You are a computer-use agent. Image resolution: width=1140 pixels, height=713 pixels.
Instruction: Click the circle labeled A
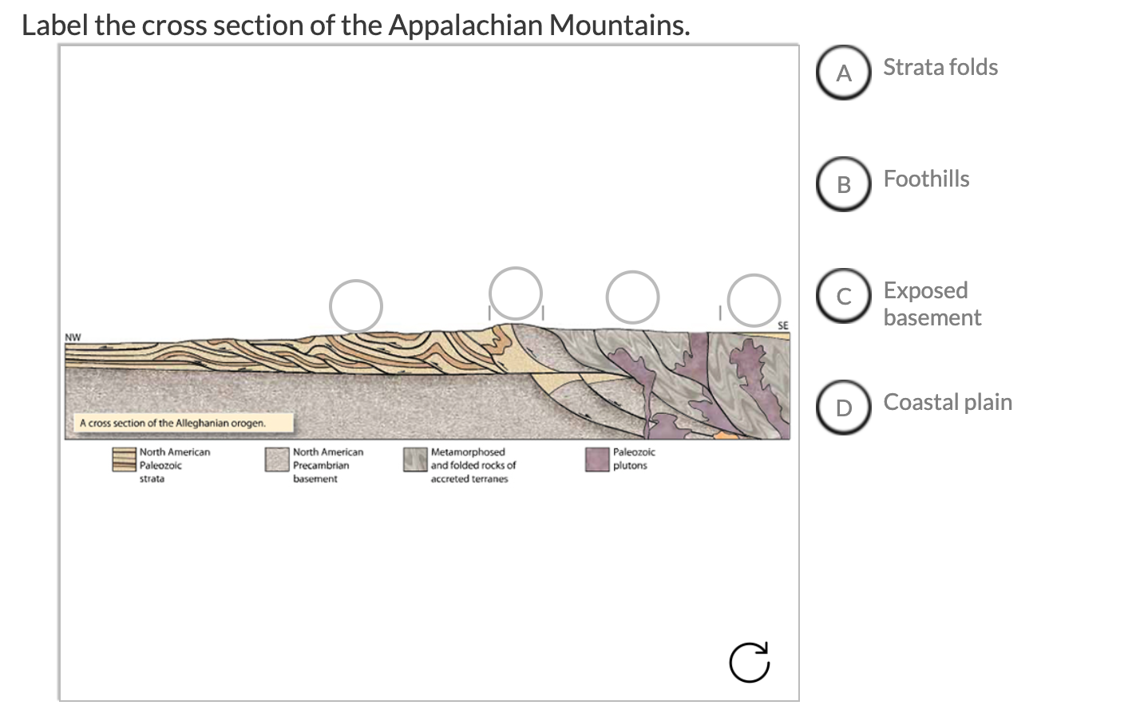(x=844, y=73)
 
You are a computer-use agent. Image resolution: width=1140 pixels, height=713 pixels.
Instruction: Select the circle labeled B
(x=844, y=184)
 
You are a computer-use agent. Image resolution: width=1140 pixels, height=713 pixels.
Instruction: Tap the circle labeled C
(x=844, y=296)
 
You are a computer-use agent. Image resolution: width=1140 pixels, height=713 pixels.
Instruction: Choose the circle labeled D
(x=844, y=408)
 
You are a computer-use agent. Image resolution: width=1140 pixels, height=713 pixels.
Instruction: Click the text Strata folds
(x=940, y=67)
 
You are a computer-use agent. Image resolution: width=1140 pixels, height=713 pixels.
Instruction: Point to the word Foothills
(x=926, y=179)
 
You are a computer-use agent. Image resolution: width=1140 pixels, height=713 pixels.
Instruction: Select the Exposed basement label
(x=932, y=304)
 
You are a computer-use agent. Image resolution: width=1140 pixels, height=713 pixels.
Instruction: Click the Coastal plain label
(x=948, y=402)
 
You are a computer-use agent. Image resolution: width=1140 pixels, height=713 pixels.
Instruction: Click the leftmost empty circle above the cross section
(x=356, y=305)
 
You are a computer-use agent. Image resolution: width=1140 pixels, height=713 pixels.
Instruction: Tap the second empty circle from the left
(x=516, y=293)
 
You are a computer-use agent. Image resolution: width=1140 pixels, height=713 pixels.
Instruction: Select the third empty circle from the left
(x=632, y=297)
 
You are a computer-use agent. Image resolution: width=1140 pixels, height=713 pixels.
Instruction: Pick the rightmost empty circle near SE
(x=753, y=300)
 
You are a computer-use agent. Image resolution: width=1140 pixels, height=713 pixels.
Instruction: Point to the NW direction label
(x=73, y=337)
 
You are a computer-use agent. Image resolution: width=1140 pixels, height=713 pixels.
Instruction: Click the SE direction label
(x=782, y=325)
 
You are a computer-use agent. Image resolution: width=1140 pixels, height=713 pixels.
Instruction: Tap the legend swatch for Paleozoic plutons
(x=597, y=459)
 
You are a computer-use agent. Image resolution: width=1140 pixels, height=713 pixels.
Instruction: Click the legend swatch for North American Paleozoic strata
(x=124, y=459)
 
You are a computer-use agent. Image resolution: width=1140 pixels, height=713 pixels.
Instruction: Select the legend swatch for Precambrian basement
(x=277, y=459)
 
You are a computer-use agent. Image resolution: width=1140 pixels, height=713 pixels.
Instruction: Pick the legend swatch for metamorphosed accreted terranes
(x=415, y=459)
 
